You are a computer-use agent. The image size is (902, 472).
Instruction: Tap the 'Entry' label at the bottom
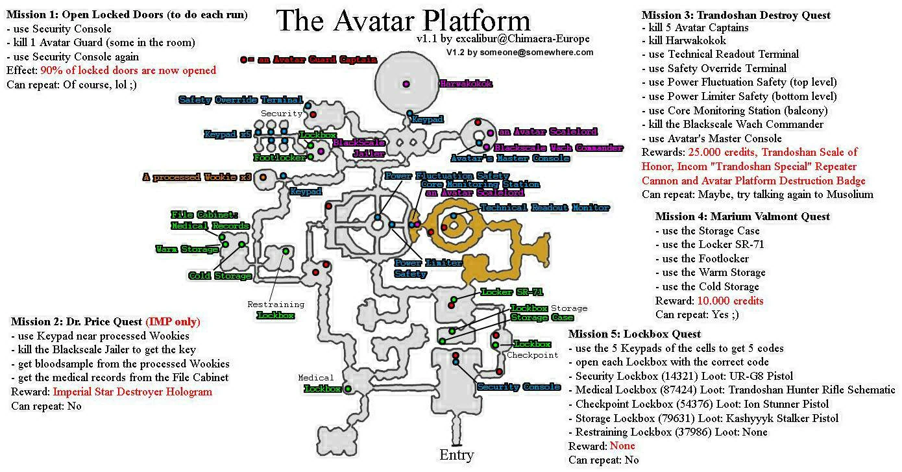(456, 454)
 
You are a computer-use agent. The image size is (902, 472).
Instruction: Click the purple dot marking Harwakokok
(406, 83)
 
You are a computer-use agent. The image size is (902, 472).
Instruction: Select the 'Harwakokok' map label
(466, 84)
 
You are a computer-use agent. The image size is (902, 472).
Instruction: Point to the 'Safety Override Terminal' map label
(240, 100)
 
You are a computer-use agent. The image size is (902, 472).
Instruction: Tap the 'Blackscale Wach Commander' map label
(559, 148)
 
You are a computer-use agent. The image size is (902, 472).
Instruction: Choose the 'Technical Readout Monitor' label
(544, 208)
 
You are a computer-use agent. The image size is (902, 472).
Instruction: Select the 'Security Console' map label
(518, 387)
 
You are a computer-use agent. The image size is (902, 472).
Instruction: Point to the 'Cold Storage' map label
(219, 276)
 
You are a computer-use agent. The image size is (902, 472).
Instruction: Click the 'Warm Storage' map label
(186, 249)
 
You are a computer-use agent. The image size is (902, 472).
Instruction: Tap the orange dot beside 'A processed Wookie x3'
(263, 177)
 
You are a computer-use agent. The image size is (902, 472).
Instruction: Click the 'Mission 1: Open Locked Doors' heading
(127, 14)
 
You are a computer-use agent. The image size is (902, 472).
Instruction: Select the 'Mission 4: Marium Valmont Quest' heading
(742, 216)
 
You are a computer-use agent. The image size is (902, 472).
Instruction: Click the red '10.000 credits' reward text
(730, 301)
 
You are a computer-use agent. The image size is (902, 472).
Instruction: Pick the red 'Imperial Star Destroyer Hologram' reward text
(132, 391)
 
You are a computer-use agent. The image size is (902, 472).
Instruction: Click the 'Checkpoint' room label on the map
(532, 355)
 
